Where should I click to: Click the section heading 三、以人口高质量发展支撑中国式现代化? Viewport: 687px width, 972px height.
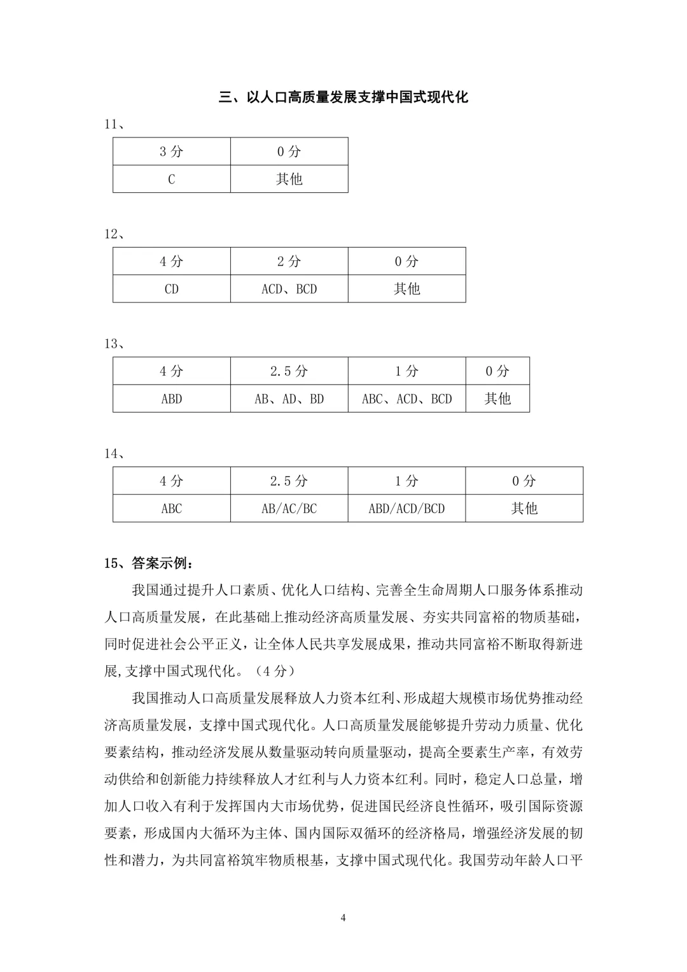click(343, 97)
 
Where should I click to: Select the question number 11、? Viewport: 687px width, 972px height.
click(114, 124)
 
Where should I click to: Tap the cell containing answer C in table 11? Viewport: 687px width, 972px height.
click(172, 180)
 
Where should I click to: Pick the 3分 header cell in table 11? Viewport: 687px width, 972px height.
click(172, 151)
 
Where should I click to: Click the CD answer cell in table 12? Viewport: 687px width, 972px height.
click(172, 289)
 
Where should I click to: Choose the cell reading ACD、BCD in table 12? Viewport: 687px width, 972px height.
click(289, 289)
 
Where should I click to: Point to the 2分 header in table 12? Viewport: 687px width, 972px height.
click(289, 262)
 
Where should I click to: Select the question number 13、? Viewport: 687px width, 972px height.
click(114, 344)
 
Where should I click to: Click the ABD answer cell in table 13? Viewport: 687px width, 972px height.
click(172, 399)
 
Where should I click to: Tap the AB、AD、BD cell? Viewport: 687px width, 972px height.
click(289, 399)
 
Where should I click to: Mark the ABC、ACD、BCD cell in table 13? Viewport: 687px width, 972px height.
click(406, 399)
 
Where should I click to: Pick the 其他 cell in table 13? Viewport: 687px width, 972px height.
click(497, 399)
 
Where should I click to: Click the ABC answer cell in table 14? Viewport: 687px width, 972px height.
click(172, 509)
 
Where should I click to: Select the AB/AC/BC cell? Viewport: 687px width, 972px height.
click(289, 509)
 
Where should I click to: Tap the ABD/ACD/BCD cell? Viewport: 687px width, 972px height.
click(406, 509)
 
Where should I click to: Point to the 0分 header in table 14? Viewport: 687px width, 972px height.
click(524, 481)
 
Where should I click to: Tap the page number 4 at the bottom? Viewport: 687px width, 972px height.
click(343, 917)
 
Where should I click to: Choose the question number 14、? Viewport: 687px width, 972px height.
click(114, 454)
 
